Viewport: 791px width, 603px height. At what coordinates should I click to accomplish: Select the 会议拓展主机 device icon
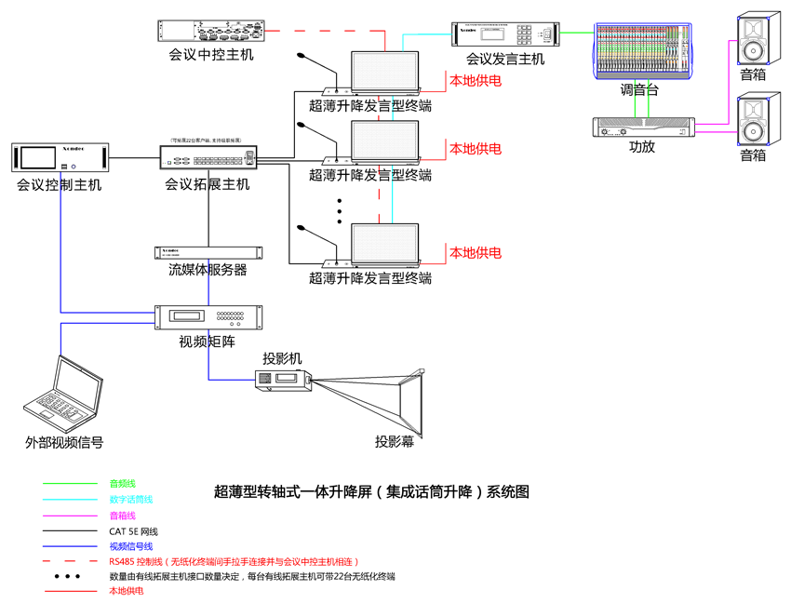pos(207,158)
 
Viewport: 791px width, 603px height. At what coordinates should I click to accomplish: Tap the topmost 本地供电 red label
pos(476,81)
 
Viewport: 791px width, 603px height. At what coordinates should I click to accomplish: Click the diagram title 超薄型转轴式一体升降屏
pos(371,490)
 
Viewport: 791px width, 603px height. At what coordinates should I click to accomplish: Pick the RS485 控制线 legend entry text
pos(234,561)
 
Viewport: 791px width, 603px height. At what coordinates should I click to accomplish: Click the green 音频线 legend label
pos(123,484)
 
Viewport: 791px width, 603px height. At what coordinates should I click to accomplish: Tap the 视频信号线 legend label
pos(130,546)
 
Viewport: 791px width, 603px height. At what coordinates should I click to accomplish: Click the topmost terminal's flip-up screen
pos(385,69)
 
